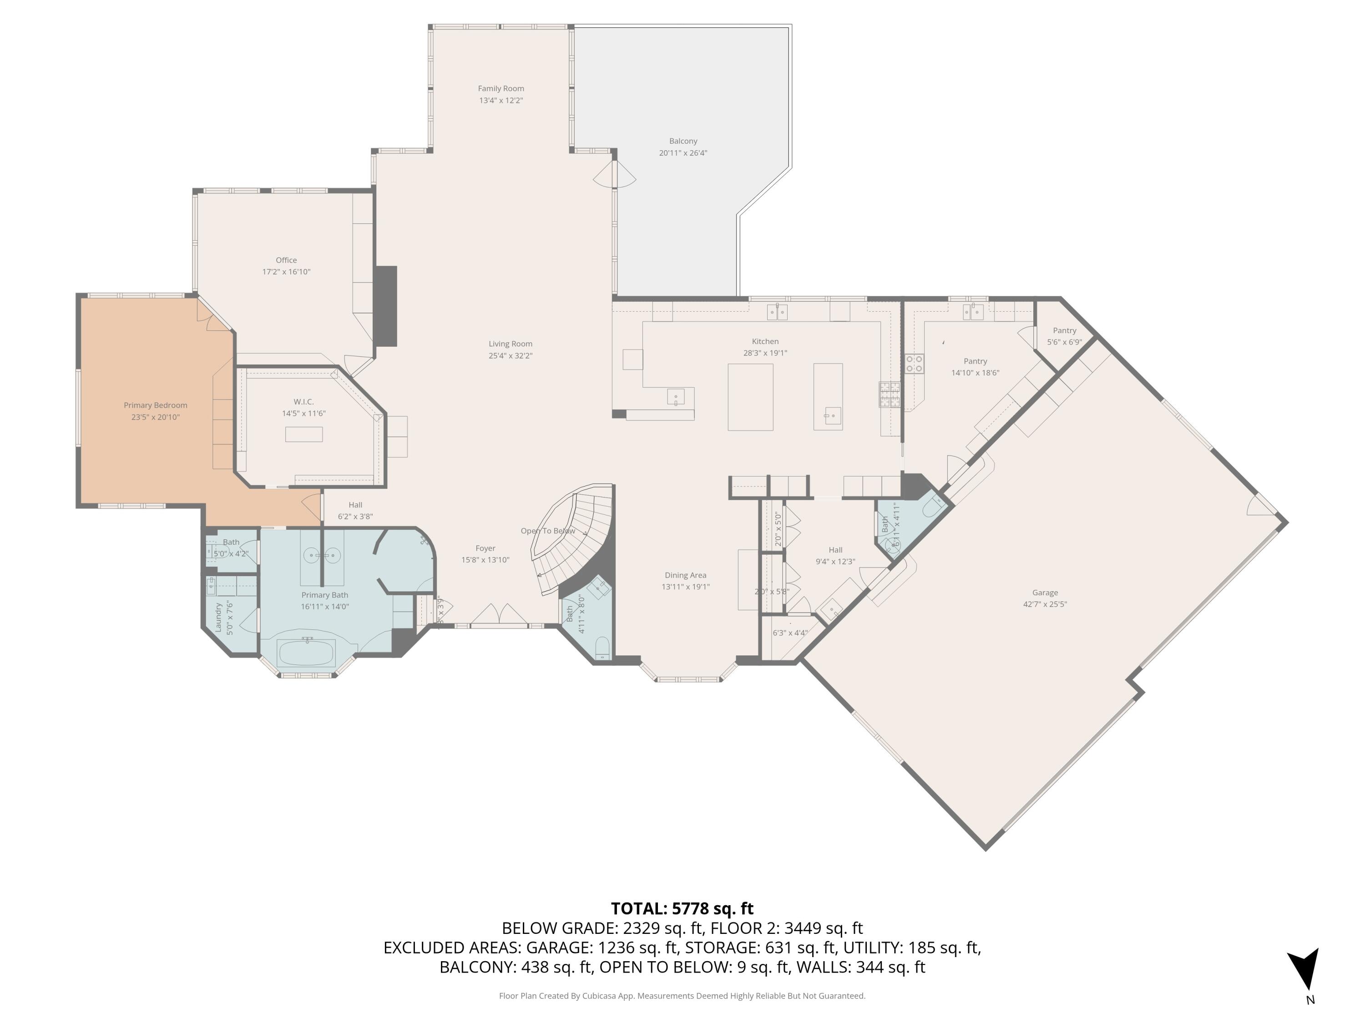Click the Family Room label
[x=500, y=88]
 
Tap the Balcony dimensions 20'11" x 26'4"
[x=682, y=153]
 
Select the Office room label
[x=286, y=260]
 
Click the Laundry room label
[x=218, y=617]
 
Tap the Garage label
[x=1044, y=592]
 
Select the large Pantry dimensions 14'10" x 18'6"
[x=975, y=373]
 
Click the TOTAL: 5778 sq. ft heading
[x=682, y=908]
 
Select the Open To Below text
[x=547, y=531]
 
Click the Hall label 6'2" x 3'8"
[x=355, y=504]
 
